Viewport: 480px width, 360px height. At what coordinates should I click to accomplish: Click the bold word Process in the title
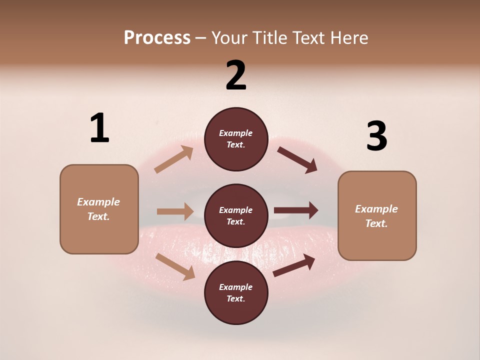[x=157, y=38]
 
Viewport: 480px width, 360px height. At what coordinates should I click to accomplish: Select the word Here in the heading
[x=348, y=38]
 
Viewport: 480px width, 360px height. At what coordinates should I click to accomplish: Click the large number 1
[x=99, y=128]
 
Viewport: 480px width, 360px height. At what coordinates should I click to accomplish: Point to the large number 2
[x=236, y=75]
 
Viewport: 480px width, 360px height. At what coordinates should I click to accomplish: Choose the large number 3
[x=376, y=136]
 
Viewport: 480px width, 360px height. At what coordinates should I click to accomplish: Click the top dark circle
[x=236, y=139]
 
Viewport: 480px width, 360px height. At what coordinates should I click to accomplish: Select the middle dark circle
[x=236, y=215]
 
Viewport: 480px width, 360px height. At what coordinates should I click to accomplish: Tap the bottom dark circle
[x=236, y=292]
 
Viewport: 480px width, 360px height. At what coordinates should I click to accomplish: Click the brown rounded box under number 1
[x=99, y=209]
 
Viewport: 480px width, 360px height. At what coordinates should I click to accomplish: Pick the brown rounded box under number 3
[x=377, y=215]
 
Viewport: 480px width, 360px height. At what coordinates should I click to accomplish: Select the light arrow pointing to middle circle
[x=175, y=211]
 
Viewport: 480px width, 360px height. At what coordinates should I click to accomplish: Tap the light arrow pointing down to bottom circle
[x=175, y=266]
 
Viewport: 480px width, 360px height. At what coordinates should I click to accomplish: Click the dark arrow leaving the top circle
[x=297, y=160]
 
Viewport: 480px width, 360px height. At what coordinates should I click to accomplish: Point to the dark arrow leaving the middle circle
[x=296, y=210]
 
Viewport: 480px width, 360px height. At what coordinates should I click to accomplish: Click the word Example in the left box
[x=98, y=202]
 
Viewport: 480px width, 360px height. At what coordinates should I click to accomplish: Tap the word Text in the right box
[x=375, y=223]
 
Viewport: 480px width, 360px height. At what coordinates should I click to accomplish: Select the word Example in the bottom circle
[x=235, y=287]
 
